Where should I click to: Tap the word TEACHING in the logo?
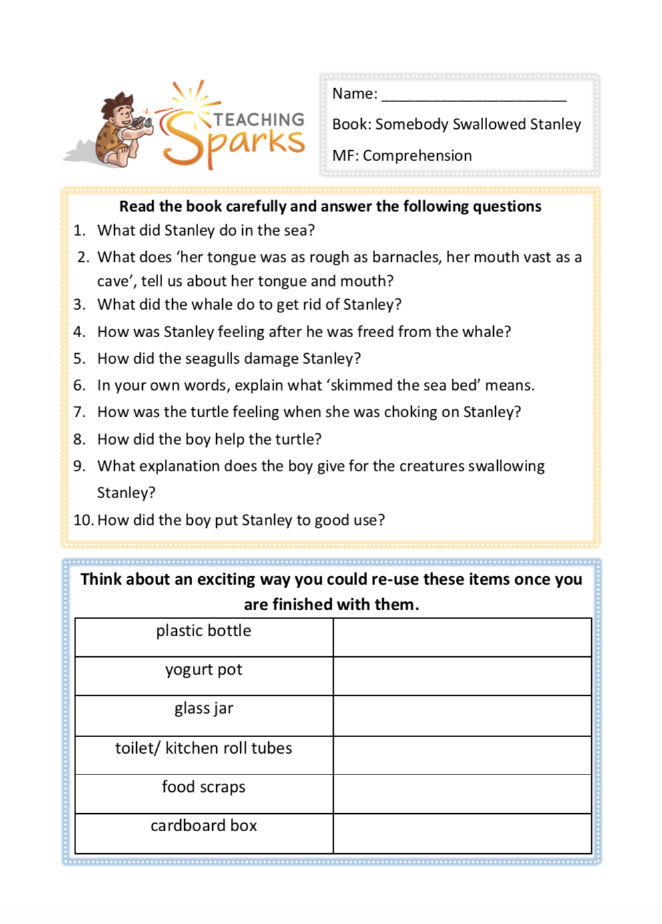tap(259, 120)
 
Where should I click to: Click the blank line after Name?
tap(473, 95)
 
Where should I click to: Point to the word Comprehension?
tap(417, 156)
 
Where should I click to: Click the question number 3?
tap(79, 304)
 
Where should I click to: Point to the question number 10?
tap(83, 520)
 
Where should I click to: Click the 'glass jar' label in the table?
tap(204, 708)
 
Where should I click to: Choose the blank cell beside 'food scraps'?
tap(462, 794)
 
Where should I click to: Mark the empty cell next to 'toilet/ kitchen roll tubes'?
tap(462, 755)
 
